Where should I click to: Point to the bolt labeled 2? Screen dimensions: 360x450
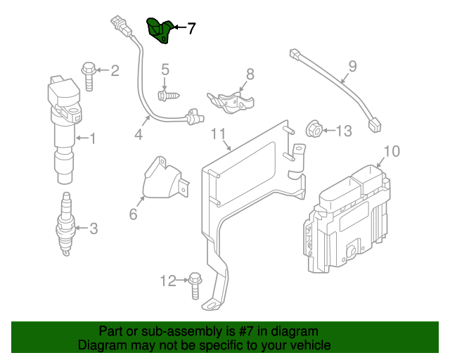pyautogui.click(x=89, y=74)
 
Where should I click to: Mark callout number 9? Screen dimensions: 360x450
pyautogui.click(x=352, y=67)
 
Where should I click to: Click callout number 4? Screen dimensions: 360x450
pyautogui.click(x=139, y=134)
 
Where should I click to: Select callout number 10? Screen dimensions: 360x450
pyautogui.click(x=392, y=150)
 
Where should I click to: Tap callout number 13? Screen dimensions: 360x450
pyautogui.click(x=342, y=130)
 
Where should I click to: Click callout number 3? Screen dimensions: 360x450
pyautogui.click(x=93, y=228)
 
